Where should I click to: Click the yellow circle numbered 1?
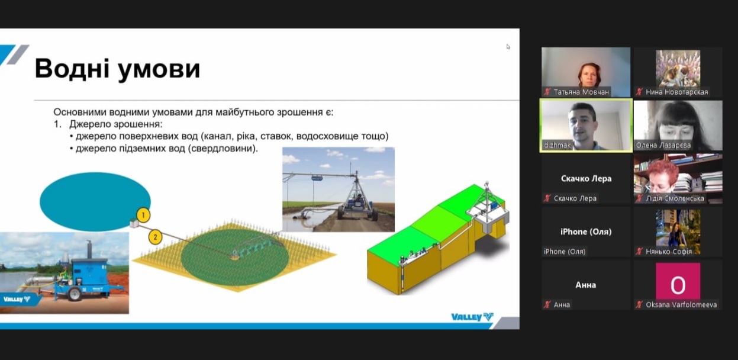pos(143,216)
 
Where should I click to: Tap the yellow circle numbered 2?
pos(155,237)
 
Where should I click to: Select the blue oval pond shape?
pos(95,201)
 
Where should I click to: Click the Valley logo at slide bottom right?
pos(472,317)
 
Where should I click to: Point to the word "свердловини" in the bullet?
pos(223,149)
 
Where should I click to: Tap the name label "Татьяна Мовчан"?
pos(581,92)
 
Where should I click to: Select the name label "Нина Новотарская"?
pos(676,92)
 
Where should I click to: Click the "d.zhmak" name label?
pos(557,145)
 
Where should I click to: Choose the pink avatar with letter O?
pos(678,281)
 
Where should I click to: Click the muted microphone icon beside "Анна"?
pos(547,304)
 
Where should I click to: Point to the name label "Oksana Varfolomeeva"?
pos(681,304)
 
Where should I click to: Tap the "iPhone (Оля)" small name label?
pos(565,252)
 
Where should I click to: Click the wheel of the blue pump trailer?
pos(75,294)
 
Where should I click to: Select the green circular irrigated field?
pos(234,256)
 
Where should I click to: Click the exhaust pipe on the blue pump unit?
pos(89,249)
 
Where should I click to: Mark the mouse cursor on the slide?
pos(508,47)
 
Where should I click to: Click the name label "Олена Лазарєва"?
pos(663,145)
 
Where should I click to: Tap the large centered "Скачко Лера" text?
pos(586,178)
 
